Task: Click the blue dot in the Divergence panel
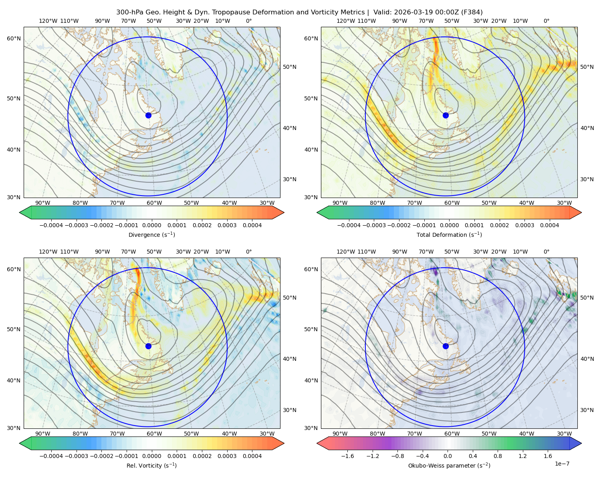[x=148, y=115]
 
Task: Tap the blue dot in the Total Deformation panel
[x=446, y=115]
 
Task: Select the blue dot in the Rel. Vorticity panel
[x=148, y=346]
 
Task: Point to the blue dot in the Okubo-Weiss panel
[x=446, y=346]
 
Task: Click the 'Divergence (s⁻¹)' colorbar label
[x=151, y=234]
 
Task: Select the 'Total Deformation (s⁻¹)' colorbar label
[x=449, y=234]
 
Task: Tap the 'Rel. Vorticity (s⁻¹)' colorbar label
[x=151, y=465]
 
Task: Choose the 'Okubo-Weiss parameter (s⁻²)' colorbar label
[x=449, y=465]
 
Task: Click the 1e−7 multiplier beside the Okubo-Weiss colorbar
[x=562, y=464]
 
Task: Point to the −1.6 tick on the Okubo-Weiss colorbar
[x=348, y=456]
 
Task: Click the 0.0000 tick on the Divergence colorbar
[x=151, y=225]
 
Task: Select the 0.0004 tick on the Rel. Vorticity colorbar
[x=252, y=456]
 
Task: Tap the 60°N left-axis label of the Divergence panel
[x=14, y=38]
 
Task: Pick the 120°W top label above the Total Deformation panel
[x=345, y=21]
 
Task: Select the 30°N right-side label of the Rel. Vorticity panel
[x=290, y=410]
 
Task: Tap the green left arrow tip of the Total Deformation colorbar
[x=317, y=212]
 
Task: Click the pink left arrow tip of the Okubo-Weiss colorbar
[x=317, y=443]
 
